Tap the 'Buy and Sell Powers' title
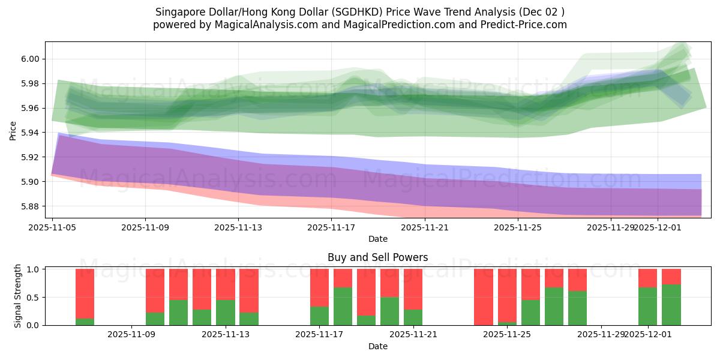pos(377,257)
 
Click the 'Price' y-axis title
pos(13,130)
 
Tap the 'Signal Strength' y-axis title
pos(18,296)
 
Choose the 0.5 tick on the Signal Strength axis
pos(33,297)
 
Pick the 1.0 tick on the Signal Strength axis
pos(33,269)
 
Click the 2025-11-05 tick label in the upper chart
pos(52,227)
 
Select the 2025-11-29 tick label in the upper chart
pos(610,227)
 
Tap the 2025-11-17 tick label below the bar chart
pos(319,335)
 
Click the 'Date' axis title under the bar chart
pos(377,346)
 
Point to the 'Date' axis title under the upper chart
pos(377,239)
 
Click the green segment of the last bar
pos(671,305)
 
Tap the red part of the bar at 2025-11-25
pos(530,284)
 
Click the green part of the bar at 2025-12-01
pos(648,306)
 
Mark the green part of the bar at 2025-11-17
pos(319,316)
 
